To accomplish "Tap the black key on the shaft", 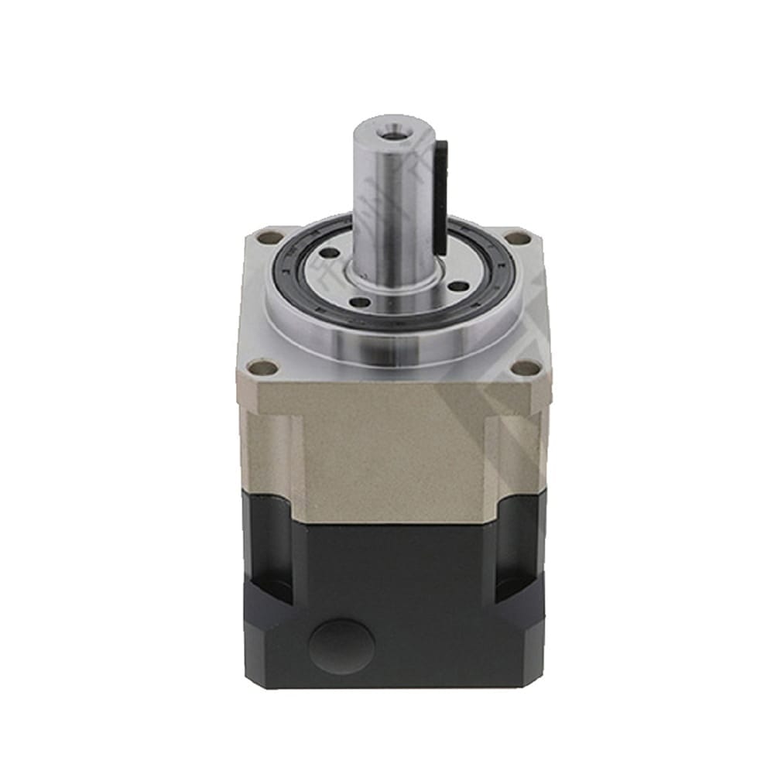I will coord(442,193).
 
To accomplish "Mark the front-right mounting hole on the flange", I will coord(526,367).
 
